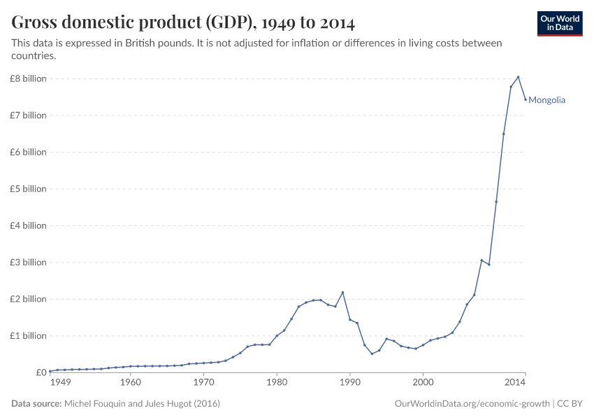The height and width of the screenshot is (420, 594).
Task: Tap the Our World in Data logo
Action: coord(560,23)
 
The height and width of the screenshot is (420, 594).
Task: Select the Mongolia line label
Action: coord(546,100)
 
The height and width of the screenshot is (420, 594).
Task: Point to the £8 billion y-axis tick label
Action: coord(28,78)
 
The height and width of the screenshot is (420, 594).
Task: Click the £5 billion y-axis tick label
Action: coord(28,189)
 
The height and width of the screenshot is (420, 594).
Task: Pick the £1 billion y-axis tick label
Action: coord(28,336)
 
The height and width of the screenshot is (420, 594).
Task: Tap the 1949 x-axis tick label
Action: coord(60,382)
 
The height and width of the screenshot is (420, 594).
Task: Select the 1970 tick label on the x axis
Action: coord(203,382)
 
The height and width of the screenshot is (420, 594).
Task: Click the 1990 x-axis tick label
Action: coord(350,382)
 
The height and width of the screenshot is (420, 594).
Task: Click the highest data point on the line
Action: coord(518,77)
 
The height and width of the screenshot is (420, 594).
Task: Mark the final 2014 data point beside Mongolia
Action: coord(526,99)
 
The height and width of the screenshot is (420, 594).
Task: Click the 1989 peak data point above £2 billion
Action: coord(342,293)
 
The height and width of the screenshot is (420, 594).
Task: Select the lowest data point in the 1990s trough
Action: coord(372,353)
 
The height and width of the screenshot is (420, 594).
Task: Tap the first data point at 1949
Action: coord(50,371)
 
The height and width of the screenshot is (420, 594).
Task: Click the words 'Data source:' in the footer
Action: coord(36,404)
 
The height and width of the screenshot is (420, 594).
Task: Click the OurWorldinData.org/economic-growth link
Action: coord(472,404)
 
